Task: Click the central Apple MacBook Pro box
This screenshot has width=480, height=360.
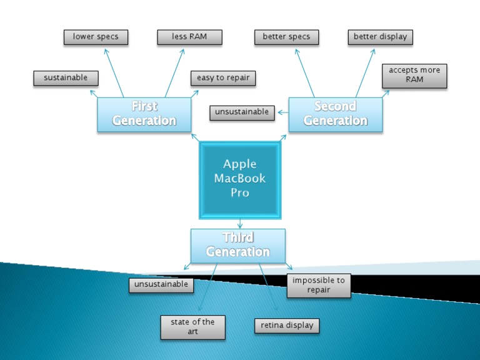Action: coord(240,179)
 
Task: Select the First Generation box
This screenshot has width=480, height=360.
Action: coord(144,114)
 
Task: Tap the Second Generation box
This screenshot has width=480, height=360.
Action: coord(336,114)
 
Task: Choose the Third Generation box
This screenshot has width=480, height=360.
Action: coord(238,245)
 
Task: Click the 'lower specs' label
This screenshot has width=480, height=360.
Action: coord(96,37)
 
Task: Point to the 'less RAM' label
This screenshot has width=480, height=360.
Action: coord(189,37)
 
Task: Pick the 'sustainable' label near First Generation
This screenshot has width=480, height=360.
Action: coord(66,78)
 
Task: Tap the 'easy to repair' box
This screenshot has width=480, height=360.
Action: coord(223,78)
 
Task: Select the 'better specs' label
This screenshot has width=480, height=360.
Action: coord(286,37)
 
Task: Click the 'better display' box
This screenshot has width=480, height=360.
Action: coord(380,37)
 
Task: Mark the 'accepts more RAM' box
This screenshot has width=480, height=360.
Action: coord(414,75)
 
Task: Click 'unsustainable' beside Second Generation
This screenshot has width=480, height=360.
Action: coord(242,112)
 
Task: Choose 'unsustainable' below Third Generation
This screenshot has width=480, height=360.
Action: coord(161,285)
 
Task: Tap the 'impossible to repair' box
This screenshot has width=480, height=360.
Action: coord(319,285)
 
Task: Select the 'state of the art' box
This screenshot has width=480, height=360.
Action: coord(192,327)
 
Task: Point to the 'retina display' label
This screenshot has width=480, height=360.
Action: coord(287,326)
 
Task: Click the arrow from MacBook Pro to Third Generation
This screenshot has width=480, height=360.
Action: coord(240,223)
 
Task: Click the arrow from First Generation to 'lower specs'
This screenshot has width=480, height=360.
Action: coord(114,72)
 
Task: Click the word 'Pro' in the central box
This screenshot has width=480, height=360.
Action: coord(240,193)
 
